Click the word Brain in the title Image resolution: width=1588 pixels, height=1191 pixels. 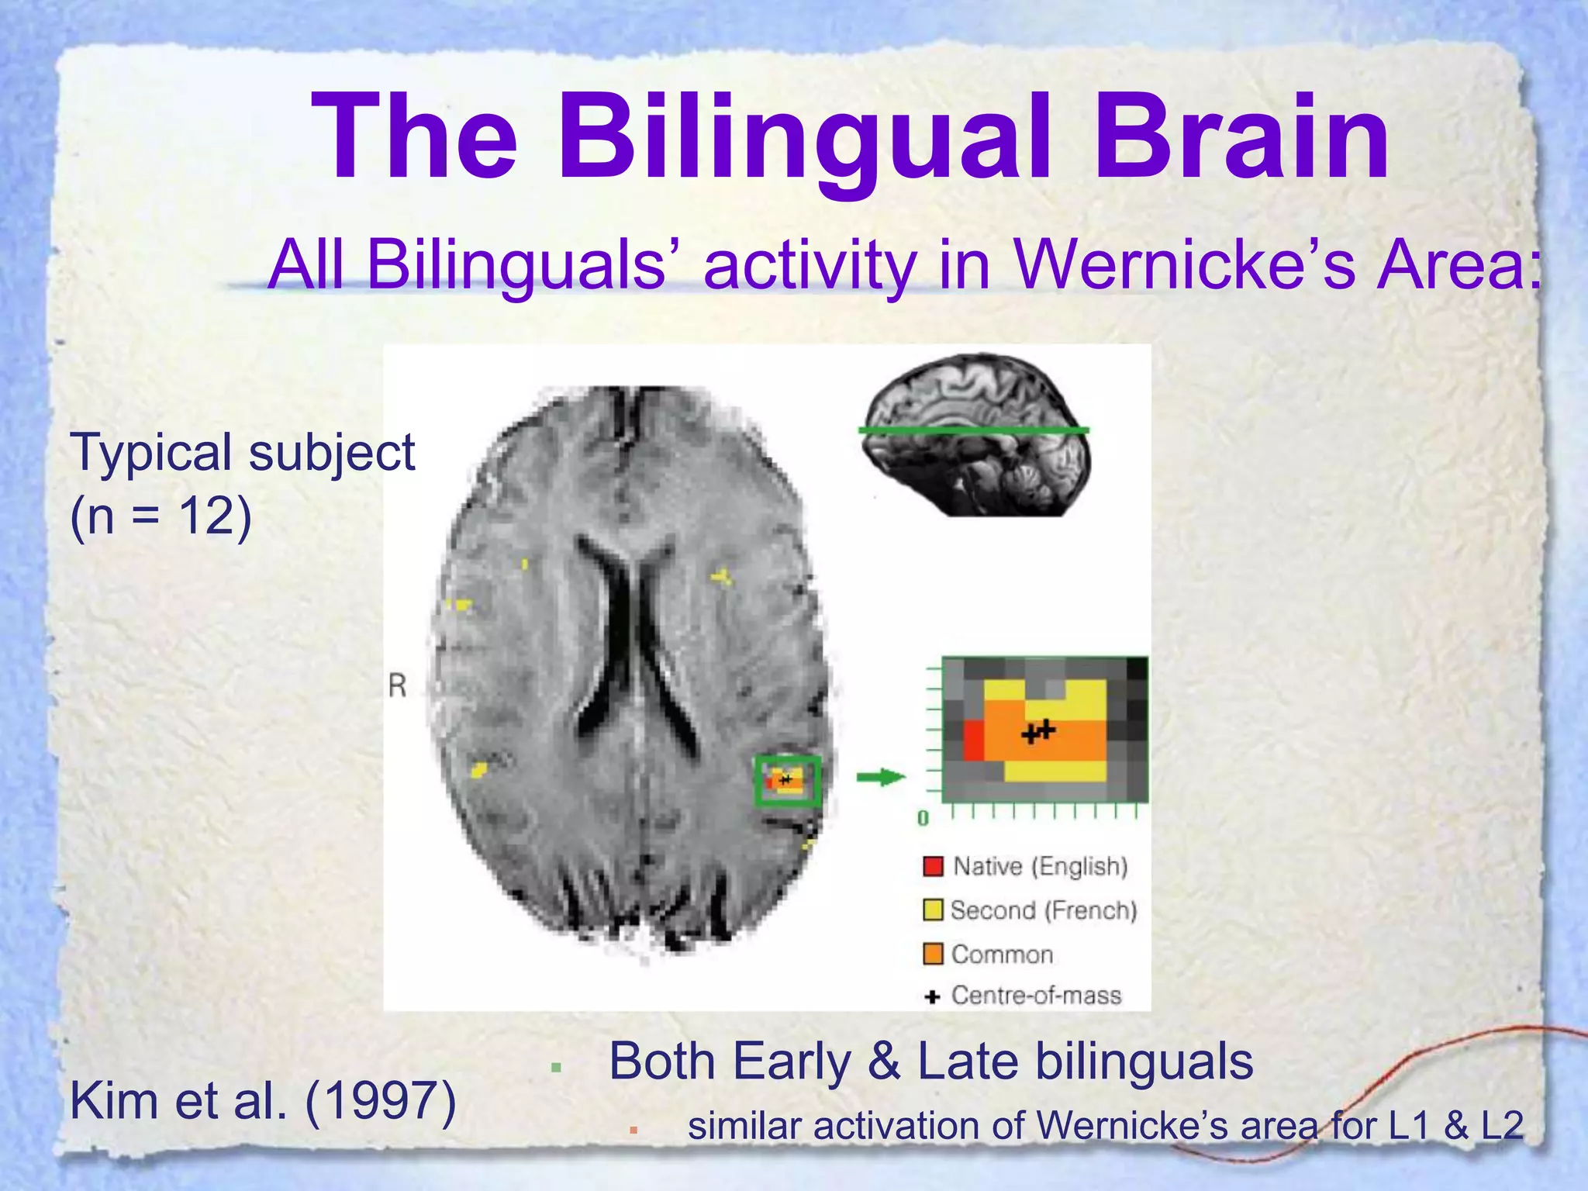(1241, 138)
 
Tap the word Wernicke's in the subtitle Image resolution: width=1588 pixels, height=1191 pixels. (1186, 265)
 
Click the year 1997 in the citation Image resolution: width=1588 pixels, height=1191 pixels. (381, 1101)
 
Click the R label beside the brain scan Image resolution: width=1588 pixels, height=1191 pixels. (397, 685)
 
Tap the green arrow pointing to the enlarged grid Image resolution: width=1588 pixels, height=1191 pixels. (881, 778)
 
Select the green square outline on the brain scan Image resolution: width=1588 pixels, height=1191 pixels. (788, 781)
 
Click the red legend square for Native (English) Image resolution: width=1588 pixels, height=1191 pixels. (934, 866)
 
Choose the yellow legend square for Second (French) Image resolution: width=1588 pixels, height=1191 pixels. (933, 910)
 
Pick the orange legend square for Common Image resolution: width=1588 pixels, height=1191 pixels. (933, 954)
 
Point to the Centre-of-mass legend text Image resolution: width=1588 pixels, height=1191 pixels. (1036, 996)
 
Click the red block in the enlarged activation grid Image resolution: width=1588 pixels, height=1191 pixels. (974, 740)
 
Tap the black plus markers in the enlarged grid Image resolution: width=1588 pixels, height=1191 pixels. (1038, 731)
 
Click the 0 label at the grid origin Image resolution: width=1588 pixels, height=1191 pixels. (923, 819)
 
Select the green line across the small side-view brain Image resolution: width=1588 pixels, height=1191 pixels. (974, 429)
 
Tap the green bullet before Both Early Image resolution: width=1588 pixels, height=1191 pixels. (555, 1068)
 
